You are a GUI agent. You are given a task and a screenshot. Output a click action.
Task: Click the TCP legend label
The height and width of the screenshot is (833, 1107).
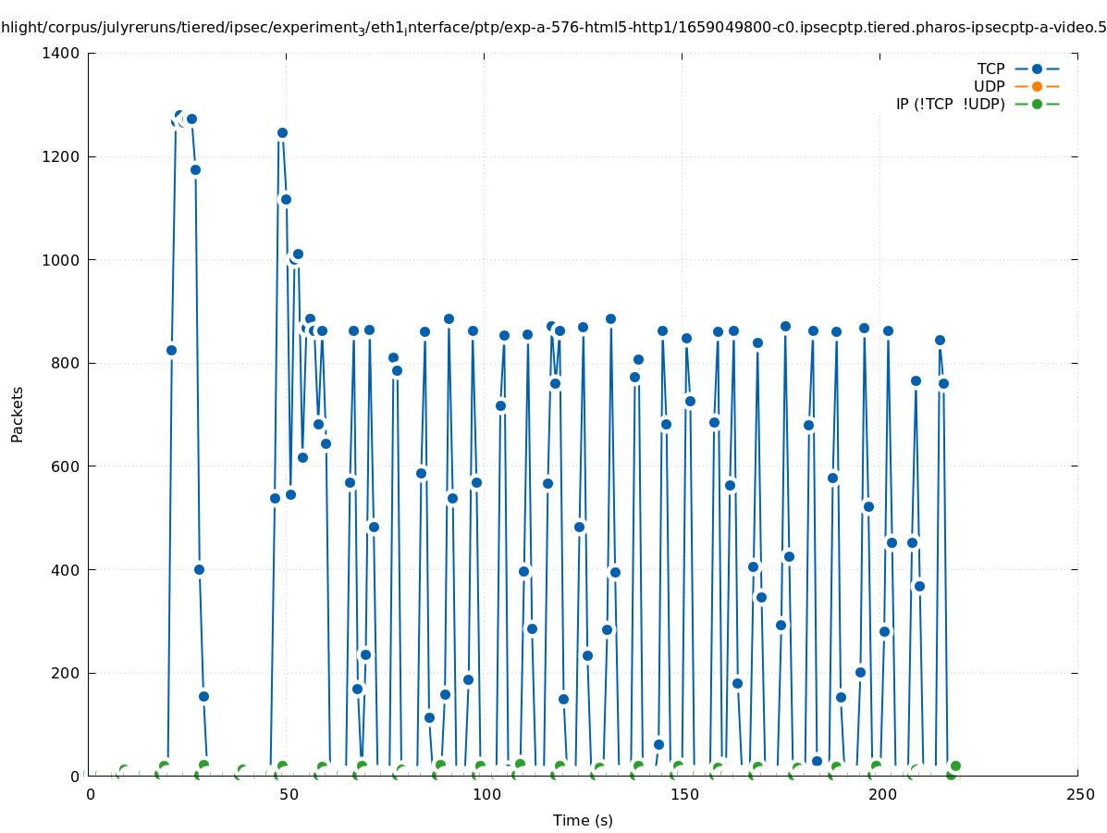[x=990, y=68]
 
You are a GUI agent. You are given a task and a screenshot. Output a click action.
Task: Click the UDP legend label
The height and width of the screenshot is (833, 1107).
[x=989, y=86]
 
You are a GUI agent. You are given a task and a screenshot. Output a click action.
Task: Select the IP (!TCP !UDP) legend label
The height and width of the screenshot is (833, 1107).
[x=950, y=104]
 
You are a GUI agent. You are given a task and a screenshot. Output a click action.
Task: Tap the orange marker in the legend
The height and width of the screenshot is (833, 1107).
[x=1037, y=86]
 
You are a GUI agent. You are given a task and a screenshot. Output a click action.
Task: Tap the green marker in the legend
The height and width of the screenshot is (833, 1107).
[x=1037, y=104]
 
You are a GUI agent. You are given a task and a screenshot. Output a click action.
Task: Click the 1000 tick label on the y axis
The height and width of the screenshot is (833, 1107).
[x=64, y=260]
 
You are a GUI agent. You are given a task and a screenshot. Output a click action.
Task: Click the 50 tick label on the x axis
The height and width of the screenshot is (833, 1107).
[x=289, y=794]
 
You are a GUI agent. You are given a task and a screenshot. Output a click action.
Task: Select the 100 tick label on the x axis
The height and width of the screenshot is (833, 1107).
[x=486, y=794]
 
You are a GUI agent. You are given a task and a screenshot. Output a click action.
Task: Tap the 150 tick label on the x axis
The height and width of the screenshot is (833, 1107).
[x=683, y=794]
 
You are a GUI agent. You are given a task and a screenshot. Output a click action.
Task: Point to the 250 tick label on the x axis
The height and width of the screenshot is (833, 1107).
[x=1079, y=794]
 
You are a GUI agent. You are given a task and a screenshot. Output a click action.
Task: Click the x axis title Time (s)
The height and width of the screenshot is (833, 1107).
[x=583, y=820]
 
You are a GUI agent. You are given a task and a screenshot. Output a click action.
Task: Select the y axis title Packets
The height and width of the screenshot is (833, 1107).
[x=18, y=414]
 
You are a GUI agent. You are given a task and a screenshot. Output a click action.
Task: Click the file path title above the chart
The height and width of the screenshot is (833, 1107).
[x=553, y=27]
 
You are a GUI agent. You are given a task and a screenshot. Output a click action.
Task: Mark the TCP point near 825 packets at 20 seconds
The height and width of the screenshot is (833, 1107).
[x=171, y=350]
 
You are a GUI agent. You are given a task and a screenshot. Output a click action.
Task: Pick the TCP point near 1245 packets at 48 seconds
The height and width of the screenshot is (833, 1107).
[x=282, y=132]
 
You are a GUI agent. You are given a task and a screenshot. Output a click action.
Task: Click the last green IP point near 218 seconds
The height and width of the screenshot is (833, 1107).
[x=955, y=765]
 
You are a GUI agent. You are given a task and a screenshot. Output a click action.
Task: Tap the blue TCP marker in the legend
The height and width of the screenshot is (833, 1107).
[x=1037, y=68]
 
